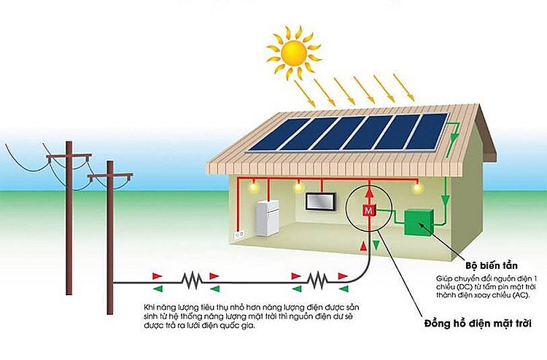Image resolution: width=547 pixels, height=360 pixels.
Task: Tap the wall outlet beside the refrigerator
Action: (x=236, y=235)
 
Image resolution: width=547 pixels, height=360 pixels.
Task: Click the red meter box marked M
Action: (x=368, y=211)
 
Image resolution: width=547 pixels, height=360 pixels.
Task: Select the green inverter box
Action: (x=419, y=222)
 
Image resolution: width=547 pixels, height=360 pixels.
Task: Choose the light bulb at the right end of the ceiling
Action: (x=417, y=189)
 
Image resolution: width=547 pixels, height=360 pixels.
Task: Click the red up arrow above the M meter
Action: (x=368, y=192)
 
